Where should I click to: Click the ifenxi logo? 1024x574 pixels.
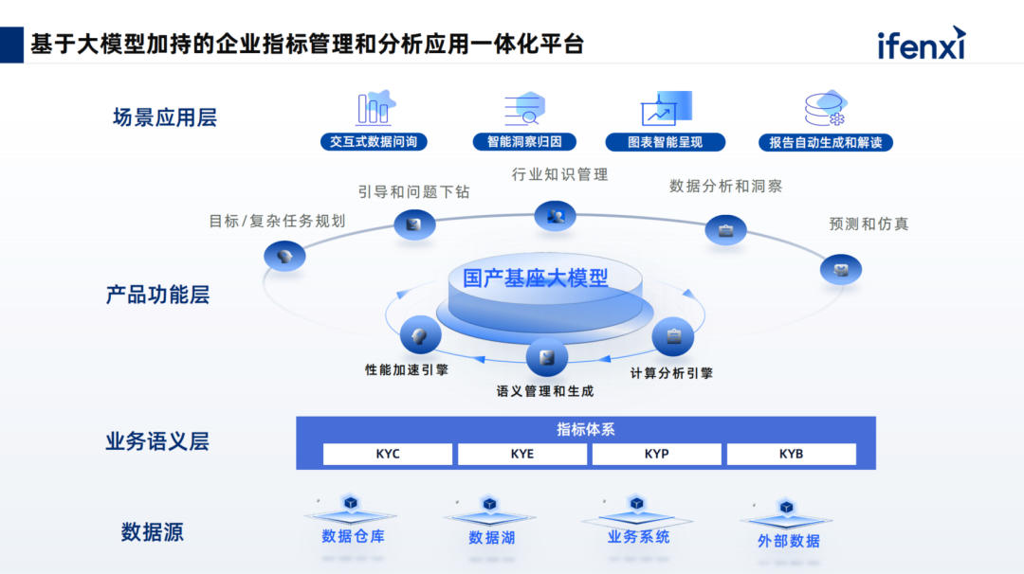(x=921, y=44)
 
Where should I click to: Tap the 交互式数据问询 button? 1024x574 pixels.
(x=373, y=142)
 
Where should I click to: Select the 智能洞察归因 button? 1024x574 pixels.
(x=523, y=142)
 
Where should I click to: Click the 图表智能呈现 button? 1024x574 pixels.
(x=665, y=142)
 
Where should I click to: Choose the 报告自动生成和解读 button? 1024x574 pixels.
(x=825, y=142)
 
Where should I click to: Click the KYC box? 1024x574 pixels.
(x=388, y=454)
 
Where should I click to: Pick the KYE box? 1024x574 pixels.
(x=522, y=454)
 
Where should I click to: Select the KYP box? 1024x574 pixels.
(x=656, y=454)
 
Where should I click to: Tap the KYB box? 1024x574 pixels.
(x=791, y=454)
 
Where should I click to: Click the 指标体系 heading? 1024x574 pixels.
(x=585, y=429)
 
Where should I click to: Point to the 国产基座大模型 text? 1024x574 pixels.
(x=536, y=278)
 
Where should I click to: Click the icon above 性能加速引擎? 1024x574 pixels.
(x=420, y=335)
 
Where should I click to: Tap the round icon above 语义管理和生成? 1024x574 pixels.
(x=546, y=357)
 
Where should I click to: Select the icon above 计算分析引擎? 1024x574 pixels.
(x=673, y=335)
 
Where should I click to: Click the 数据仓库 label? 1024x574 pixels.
(x=353, y=536)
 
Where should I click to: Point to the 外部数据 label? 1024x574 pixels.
(x=788, y=541)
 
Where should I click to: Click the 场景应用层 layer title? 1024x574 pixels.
(x=165, y=117)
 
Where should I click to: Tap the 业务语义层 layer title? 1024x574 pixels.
(x=157, y=441)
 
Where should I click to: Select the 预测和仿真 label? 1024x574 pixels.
(x=868, y=224)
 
